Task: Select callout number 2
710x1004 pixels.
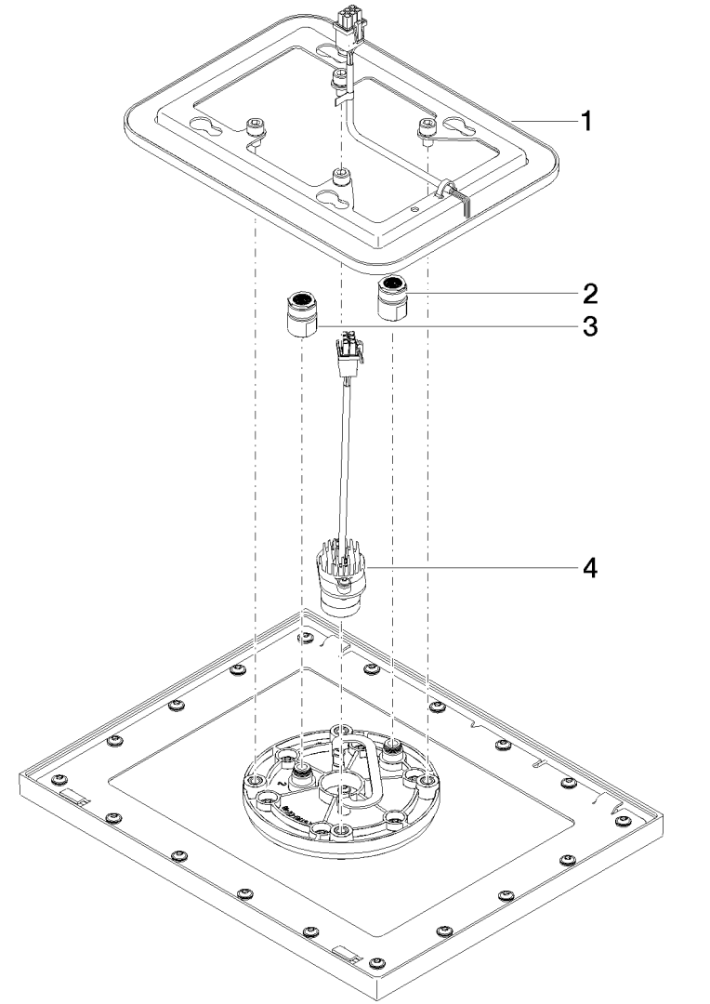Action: click(x=588, y=294)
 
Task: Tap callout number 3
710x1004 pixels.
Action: click(x=588, y=327)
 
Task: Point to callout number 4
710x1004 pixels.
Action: click(x=587, y=566)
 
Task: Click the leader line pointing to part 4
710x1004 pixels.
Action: click(x=465, y=566)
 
